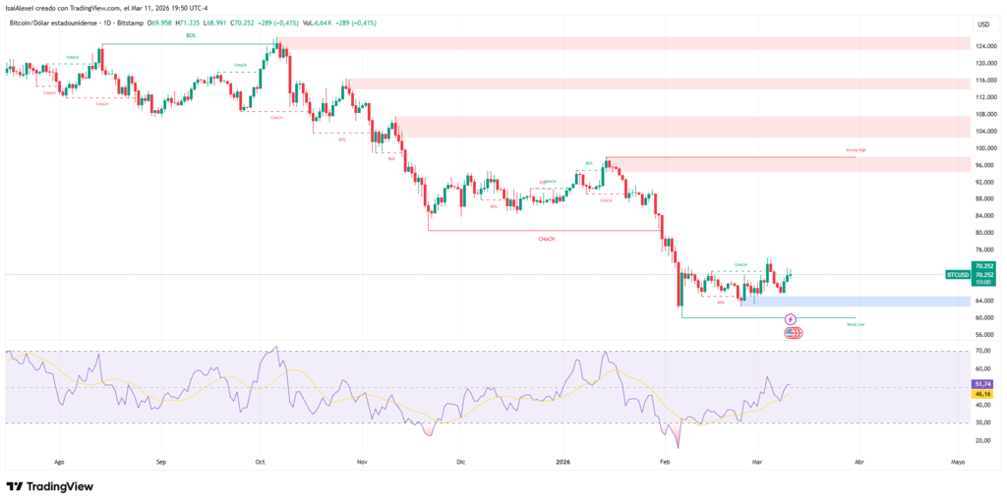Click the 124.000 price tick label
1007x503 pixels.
(x=983, y=46)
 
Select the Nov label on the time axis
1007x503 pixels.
(x=362, y=460)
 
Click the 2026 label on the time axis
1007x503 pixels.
(x=563, y=460)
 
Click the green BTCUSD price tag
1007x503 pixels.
(x=957, y=275)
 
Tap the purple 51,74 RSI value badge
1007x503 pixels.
(x=982, y=383)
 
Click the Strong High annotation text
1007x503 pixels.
(x=855, y=150)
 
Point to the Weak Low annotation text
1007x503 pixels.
(x=855, y=323)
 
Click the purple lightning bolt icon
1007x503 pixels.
(x=791, y=319)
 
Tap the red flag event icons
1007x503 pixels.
(x=793, y=333)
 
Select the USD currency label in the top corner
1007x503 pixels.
(x=982, y=24)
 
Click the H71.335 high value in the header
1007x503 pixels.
(x=186, y=20)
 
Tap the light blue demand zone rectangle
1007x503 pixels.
(x=856, y=301)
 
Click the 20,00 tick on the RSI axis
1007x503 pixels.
(x=982, y=440)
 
